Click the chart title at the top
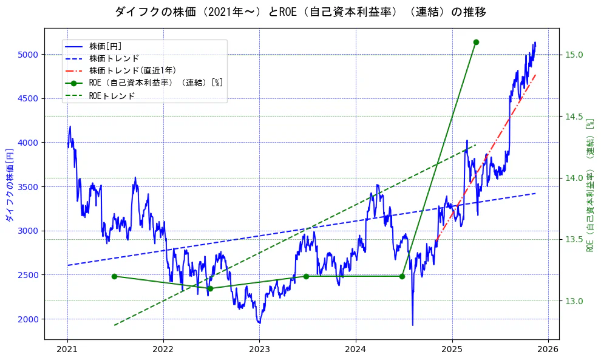point(300,12)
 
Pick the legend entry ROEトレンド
point(112,95)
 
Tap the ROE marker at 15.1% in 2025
point(476,42)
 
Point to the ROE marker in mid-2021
point(114,276)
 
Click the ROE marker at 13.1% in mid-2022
point(210,288)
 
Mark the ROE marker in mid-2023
point(306,276)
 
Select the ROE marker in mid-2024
point(402,276)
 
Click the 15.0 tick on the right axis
point(574,55)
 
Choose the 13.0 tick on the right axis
point(574,301)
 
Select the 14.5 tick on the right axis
point(574,117)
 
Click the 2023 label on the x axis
point(259,350)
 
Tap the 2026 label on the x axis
point(548,350)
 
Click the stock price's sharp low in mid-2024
point(413,325)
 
